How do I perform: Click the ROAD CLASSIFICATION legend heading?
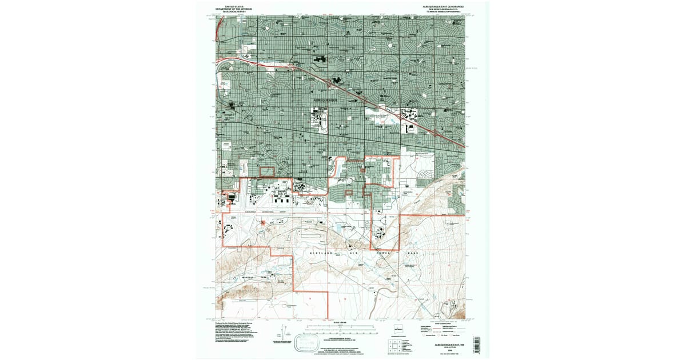pos(440,323)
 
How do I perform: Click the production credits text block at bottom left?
pos(240,334)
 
